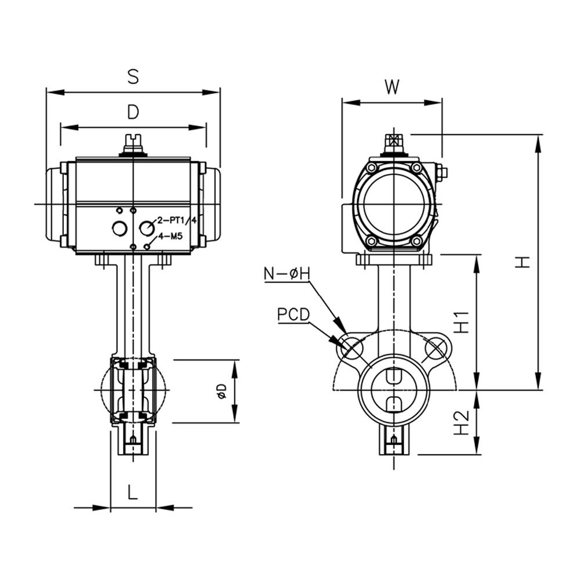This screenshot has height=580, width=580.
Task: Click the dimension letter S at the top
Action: click(x=133, y=77)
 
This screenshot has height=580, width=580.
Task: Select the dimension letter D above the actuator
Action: click(x=133, y=113)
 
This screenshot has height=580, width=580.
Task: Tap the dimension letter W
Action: click(x=393, y=88)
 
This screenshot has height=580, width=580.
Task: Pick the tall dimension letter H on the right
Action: click(x=523, y=262)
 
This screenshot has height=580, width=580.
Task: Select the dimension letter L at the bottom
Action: click(x=133, y=493)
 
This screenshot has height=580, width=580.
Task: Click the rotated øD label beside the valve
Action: click(x=220, y=391)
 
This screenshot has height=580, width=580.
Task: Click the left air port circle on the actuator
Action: click(x=119, y=229)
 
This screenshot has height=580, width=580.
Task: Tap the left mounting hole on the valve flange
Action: click(x=352, y=348)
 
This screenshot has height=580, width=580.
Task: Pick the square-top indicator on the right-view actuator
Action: click(x=393, y=141)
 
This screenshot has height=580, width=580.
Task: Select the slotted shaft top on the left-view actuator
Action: click(x=133, y=142)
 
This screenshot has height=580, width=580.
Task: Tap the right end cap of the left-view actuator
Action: click(x=212, y=204)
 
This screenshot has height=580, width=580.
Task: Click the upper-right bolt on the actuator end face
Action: click(x=416, y=168)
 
